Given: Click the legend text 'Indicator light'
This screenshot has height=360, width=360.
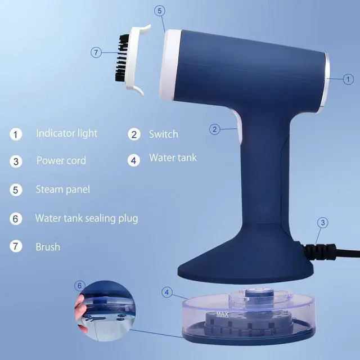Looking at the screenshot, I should point(66,133).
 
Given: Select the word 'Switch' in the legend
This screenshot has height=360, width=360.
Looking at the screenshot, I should point(163,134).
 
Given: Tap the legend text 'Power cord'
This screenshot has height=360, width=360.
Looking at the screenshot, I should point(61,160).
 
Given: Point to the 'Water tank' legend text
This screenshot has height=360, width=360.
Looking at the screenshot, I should point(173,158).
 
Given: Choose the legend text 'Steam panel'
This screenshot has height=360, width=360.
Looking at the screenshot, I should point(62,189).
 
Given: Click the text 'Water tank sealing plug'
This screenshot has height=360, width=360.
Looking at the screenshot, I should point(86,218).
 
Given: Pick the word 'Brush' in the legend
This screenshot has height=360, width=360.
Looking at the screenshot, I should point(47,247).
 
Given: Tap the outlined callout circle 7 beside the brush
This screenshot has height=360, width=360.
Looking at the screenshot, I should point(97,52).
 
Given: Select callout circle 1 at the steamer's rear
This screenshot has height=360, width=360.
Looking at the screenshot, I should point(349,79).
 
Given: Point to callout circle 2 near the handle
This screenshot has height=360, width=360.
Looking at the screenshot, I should point(214,129).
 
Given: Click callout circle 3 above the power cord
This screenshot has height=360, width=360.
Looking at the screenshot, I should point(321,222).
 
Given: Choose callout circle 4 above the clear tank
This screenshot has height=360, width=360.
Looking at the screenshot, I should point(167,292).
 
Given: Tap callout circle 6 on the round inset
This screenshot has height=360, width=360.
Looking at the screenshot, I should point(80,286).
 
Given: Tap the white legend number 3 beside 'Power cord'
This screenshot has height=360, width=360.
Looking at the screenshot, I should point(16,161).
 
